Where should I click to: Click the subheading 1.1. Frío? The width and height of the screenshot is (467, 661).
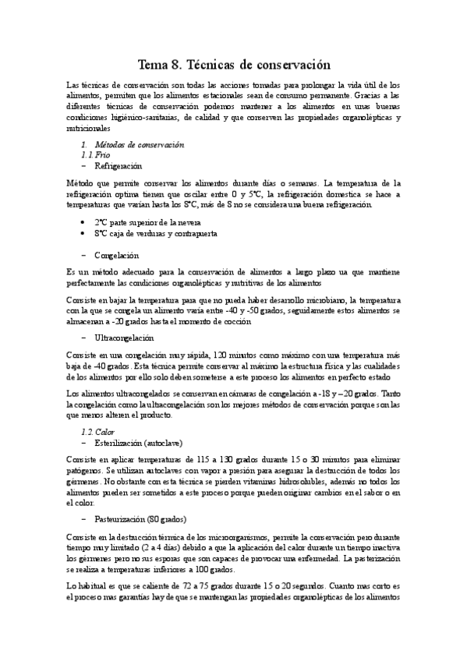pyautogui.click(x=96, y=155)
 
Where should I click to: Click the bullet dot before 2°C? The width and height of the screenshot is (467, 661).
pyautogui.click(x=83, y=222)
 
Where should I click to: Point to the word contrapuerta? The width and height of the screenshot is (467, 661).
pyautogui.click(x=193, y=233)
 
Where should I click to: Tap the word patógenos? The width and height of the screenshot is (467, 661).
pyautogui.click(x=85, y=471)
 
